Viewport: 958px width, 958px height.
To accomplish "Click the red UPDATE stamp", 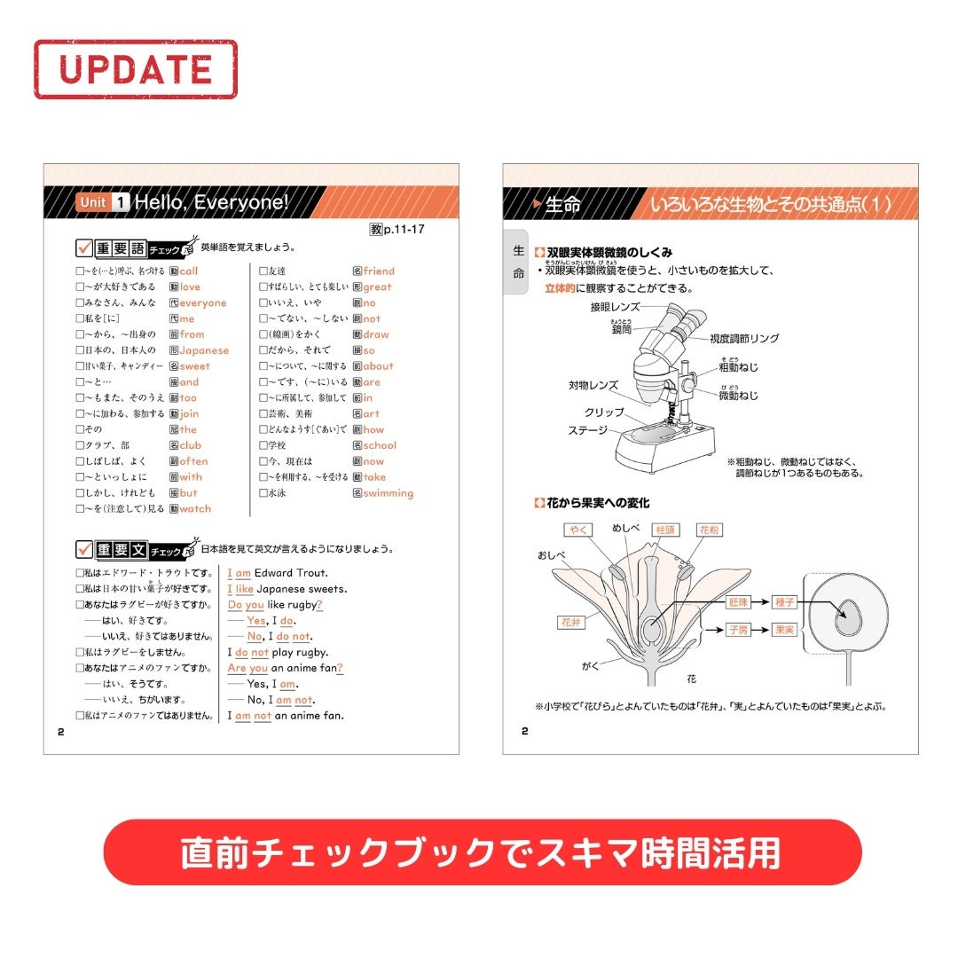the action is [x=136, y=68].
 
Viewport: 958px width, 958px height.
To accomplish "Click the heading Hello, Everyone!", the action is [x=211, y=203].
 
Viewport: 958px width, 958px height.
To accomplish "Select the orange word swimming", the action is [x=388, y=493].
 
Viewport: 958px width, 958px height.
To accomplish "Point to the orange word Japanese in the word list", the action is [x=204, y=350].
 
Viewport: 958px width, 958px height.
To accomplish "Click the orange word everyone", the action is [x=202, y=302].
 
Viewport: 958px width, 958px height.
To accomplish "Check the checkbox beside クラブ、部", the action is [x=79, y=445].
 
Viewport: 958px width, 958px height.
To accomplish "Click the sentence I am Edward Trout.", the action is [x=278, y=573].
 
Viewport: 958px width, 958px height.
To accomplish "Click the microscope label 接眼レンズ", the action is [x=615, y=307].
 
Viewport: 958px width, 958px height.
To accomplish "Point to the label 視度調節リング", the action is [x=744, y=339].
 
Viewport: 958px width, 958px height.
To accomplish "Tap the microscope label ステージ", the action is [x=588, y=430].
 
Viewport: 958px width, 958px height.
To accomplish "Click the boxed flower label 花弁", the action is [x=569, y=623].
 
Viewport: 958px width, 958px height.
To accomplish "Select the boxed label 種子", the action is [x=784, y=602].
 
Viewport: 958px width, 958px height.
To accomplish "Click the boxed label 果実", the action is [x=784, y=630].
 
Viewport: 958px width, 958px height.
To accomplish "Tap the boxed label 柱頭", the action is [x=664, y=529].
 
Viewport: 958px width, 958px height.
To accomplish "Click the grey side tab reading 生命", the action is [x=518, y=263].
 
